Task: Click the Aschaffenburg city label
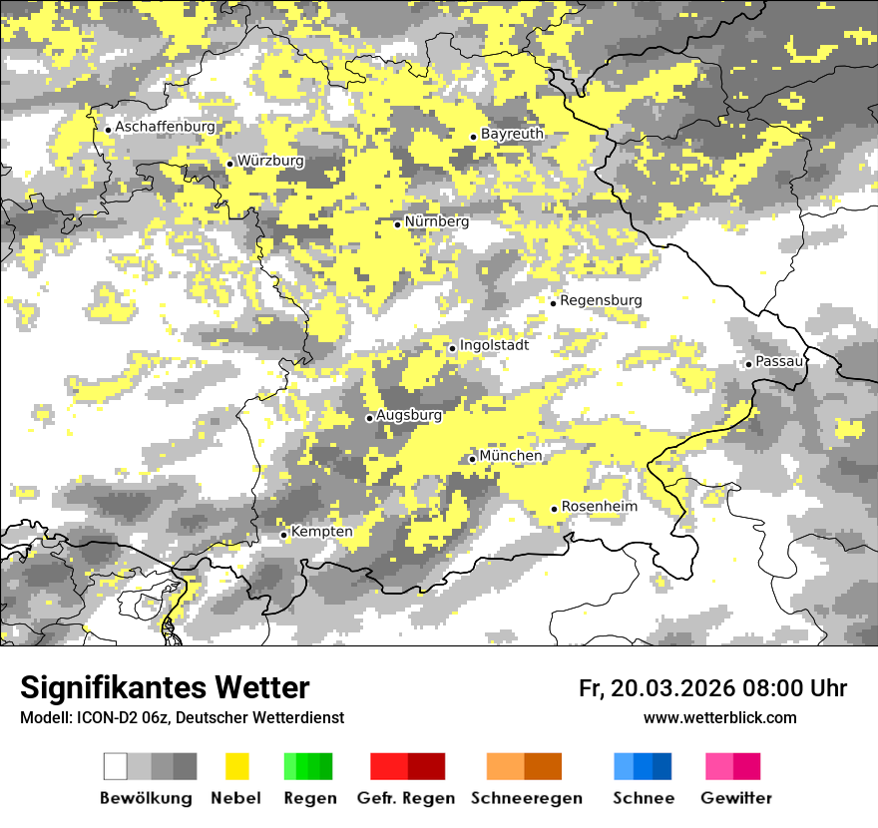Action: point(165,128)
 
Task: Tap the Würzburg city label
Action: point(270,161)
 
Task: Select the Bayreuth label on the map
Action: point(512,134)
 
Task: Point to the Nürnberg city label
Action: point(436,221)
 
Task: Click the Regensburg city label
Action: point(601,300)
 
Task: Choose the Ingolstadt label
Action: point(494,345)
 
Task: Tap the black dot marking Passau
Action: point(748,364)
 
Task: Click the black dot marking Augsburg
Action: point(369,418)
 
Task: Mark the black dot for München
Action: point(472,459)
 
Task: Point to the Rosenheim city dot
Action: point(554,509)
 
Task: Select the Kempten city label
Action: point(321,532)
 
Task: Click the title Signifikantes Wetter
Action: point(165,687)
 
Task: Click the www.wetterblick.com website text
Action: point(719,717)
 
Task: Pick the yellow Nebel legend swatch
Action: point(236,766)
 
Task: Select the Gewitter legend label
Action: point(735,798)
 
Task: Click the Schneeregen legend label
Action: point(526,798)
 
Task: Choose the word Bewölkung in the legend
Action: point(146,798)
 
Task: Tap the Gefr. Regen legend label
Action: point(405,798)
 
